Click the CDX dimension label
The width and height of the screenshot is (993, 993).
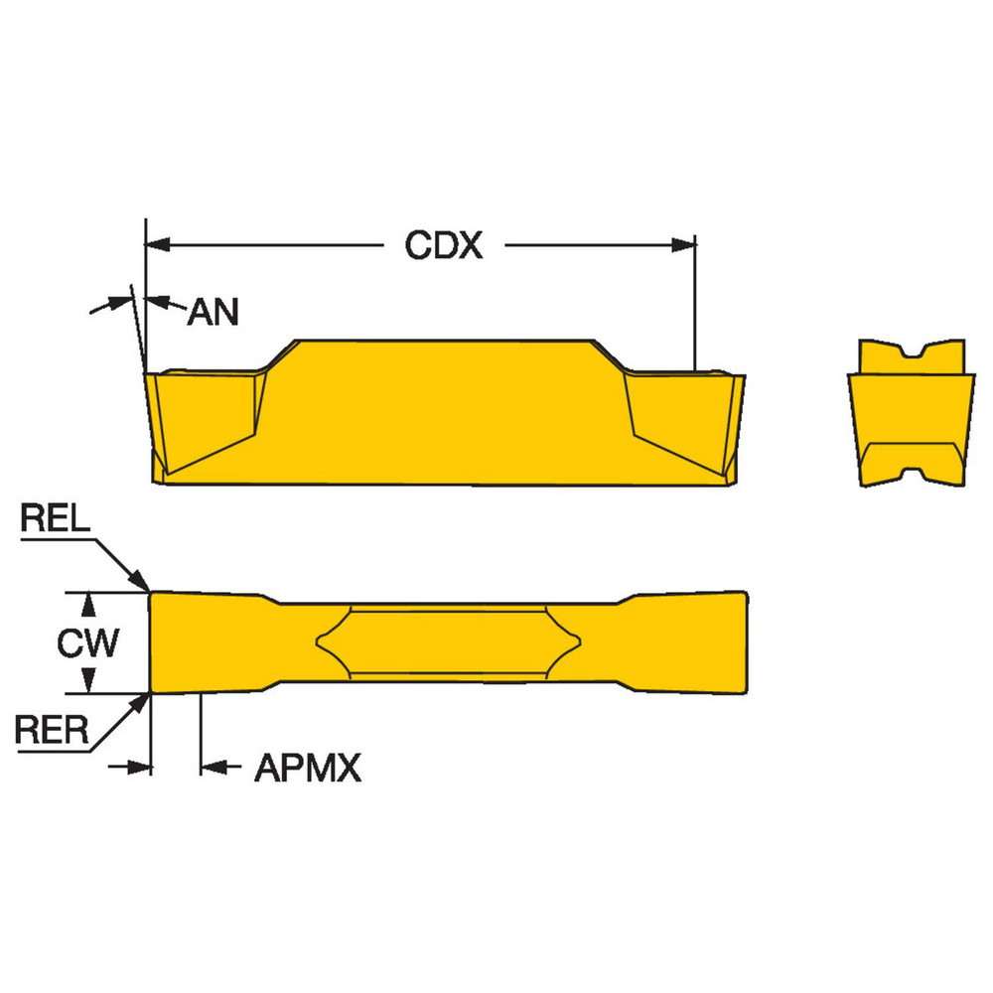coord(443,245)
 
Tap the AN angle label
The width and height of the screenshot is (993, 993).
coord(213,313)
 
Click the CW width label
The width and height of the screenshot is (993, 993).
coord(87,643)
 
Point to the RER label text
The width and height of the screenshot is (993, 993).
coord(52,732)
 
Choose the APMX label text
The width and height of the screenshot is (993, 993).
coord(307,768)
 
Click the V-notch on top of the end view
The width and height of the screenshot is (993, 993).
coord(911,354)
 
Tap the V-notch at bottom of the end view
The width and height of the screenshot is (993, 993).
coord(911,478)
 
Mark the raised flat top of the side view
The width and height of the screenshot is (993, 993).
coord(447,344)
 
